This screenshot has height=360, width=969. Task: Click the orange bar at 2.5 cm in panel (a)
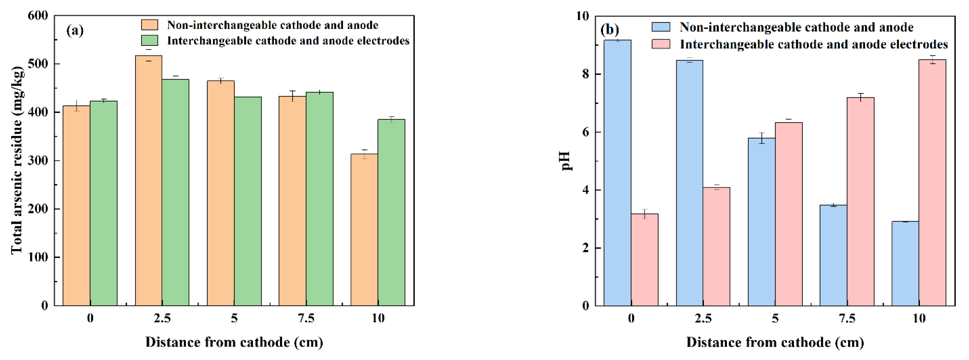(149, 181)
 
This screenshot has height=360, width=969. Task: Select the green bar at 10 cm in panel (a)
(391, 213)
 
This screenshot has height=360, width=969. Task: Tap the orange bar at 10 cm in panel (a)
(364, 229)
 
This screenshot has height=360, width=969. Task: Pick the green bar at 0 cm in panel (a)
(103, 203)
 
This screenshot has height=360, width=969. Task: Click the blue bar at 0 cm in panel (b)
(617, 173)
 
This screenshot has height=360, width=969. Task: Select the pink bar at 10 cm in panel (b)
(932, 182)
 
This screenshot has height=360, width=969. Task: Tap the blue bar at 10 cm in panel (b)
(905, 263)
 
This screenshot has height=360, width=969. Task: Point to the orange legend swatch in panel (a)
(149, 25)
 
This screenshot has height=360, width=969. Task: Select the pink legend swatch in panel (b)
(661, 44)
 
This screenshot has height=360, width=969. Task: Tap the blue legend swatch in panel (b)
(661, 27)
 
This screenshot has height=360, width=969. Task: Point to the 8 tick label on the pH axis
(585, 74)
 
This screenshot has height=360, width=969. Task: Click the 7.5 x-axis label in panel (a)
(306, 318)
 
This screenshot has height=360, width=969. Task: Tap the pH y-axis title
(565, 161)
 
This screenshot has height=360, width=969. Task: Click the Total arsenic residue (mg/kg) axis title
(17, 160)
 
